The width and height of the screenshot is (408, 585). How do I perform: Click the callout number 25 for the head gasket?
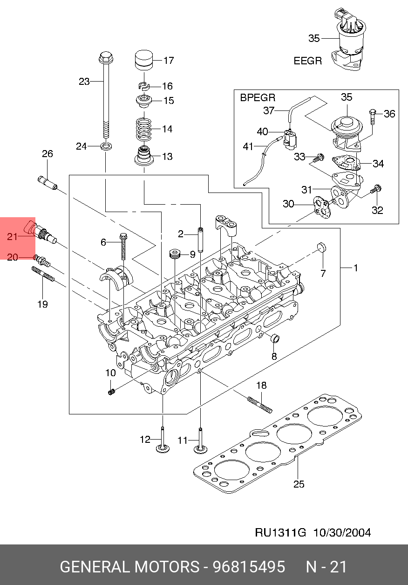coord(299,484)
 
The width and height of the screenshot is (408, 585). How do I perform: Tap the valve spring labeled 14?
coord(144,129)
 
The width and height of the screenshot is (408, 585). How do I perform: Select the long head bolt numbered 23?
coord(106,95)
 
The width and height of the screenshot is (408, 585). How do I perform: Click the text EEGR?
coord(308,61)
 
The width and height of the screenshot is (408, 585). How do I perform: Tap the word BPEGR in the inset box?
coord(258,98)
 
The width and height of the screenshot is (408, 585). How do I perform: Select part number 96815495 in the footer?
coord(249,567)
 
